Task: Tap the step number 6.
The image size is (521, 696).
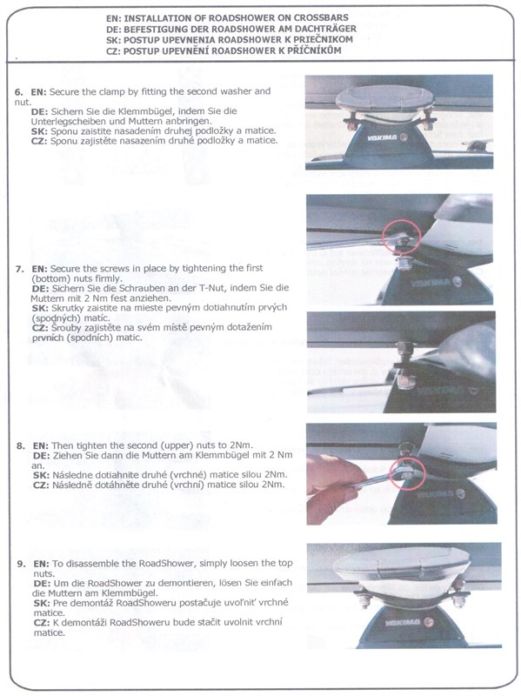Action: pos(18,92)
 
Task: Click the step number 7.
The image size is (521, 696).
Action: pos(19,269)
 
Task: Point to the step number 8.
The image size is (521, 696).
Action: pos(21,445)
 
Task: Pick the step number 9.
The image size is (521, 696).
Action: pos(21,564)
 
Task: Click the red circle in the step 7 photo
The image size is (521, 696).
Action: pos(402,237)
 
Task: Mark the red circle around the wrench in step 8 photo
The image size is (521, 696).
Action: pos(407,473)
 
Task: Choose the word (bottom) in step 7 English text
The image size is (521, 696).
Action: pos(50,278)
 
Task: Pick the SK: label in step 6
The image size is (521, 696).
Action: pos(39,131)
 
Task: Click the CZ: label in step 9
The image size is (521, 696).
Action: pos(42,622)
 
